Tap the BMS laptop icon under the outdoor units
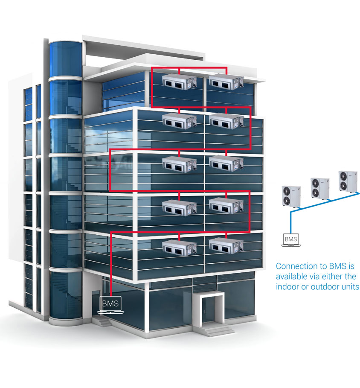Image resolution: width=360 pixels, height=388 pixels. pos(291,240)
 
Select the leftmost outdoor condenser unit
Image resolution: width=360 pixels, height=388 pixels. pos(291,196)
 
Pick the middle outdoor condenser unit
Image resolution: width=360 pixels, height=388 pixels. pos(320,188)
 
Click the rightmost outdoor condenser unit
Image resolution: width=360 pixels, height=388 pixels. pos(348,181)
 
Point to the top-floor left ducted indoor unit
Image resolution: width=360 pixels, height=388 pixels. pos(180,82)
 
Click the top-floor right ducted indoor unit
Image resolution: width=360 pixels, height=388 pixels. pos(226,82)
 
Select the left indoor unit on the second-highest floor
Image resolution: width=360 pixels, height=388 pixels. pos(180,121)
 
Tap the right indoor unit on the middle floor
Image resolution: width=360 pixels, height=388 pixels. pos(226,163)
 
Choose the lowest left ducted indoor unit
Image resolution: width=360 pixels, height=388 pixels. pos(180,248)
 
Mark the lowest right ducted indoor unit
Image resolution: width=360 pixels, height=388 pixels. pos(226,246)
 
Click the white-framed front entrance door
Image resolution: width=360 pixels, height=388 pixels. pos(209,310)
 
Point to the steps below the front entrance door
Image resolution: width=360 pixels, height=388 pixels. pos(217,331)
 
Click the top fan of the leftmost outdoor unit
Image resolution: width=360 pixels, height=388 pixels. pos(287,191)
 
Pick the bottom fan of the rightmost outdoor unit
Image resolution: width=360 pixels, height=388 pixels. pos(343,185)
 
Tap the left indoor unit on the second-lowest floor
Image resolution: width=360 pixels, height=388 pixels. pos(180,208)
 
